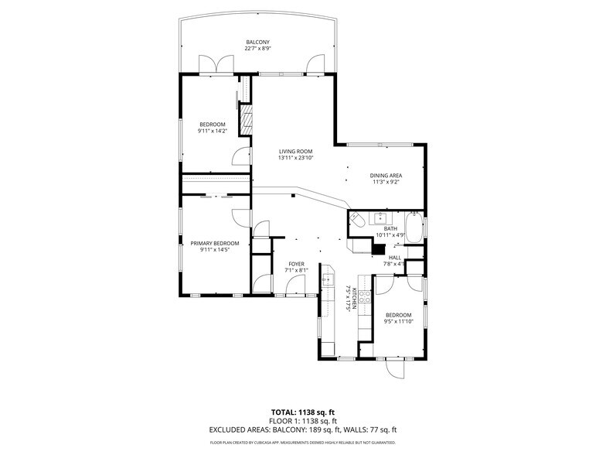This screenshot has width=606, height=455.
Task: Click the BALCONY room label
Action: point(257,42)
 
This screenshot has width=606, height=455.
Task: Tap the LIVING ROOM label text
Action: point(295,151)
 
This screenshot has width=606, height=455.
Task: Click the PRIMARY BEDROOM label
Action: point(215,243)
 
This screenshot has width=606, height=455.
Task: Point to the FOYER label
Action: point(296,264)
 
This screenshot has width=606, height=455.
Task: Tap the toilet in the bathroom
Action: point(356,222)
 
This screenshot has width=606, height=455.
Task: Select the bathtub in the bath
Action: point(414,228)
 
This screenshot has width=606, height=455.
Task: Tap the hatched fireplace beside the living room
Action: point(247,120)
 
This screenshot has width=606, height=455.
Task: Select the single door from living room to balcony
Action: point(315,65)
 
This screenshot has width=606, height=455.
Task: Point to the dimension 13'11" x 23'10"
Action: point(295,158)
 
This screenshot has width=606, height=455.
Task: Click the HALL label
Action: point(395,257)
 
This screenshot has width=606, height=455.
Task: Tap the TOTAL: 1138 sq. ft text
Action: point(302,412)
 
